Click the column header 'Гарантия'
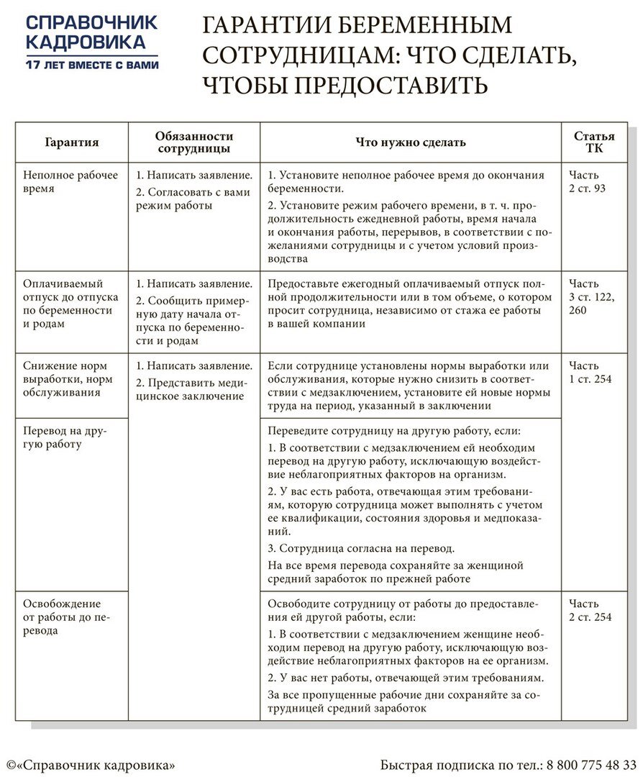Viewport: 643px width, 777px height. pyautogui.click(x=72, y=142)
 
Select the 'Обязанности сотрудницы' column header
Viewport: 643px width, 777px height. pyautogui.click(x=194, y=142)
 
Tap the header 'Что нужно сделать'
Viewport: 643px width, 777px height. pyautogui.click(x=411, y=142)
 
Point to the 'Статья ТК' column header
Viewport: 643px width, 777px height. pyautogui.click(x=594, y=142)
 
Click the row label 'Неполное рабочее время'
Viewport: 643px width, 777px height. pyautogui.click(x=70, y=181)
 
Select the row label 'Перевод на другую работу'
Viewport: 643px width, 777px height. pyautogui.click(x=64, y=437)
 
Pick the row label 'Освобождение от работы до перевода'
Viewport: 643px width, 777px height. pyautogui.click(x=65, y=617)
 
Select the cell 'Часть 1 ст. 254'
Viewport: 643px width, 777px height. pyautogui.click(x=590, y=373)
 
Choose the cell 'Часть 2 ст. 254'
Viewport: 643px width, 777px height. pyautogui.click(x=590, y=610)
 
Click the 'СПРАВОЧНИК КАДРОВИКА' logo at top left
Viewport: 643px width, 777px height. pyautogui.click(x=91, y=32)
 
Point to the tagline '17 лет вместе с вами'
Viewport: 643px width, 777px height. pyautogui.click(x=91, y=65)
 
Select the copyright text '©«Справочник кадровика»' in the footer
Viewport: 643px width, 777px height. pyautogui.click(x=91, y=763)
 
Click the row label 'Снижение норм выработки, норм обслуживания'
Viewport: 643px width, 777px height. pyautogui.click(x=68, y=379)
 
